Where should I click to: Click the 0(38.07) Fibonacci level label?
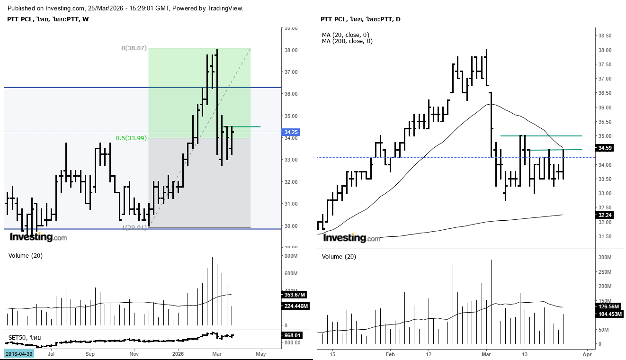pyautogui.click(x=134, y=48)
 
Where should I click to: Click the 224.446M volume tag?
pyautogui.click(x=296, y=306)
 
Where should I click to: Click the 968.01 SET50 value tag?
pyautogui.click(x=292, y=335)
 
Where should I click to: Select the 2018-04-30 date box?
pyautogui.click(x=19, y=354)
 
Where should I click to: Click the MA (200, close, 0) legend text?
pyautogui.click(x=347, y=41)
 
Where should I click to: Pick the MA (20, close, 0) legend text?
pyautogui.click(x=346, y=35)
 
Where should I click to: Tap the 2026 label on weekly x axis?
pyautogui.click(x=178, y=354)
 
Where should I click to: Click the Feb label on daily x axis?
pyautogui.click(x=390, y=354)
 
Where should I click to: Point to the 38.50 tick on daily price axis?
pyautogui.click(x=606, y=36)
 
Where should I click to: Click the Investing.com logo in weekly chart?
pyautogui.click(x=38, y=237)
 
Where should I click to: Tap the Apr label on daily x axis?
pyautogui.click(x=587, y=354)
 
